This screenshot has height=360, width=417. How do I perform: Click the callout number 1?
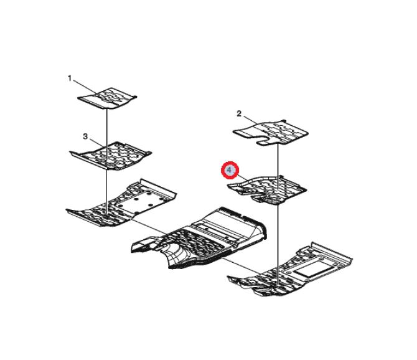70,78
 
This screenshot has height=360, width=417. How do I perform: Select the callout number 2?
239,114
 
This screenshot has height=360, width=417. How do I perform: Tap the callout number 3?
85,136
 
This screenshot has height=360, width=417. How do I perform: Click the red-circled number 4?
230,170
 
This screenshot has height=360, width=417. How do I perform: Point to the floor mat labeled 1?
108,98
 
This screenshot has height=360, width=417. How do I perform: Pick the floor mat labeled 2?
271,133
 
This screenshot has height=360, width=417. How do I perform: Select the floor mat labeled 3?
110,156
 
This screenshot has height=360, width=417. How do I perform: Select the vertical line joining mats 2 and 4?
278,166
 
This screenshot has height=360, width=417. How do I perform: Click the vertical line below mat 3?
106,192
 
